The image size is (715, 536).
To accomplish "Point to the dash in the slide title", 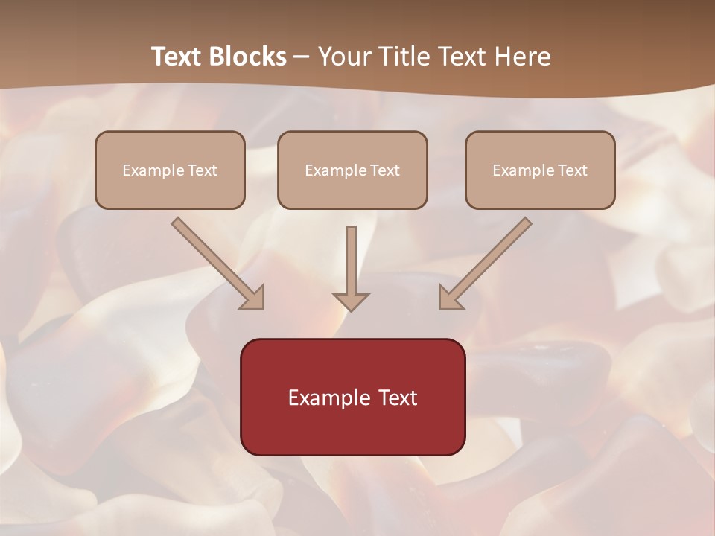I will click(x=302, y=57).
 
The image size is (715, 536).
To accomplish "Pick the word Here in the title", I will click(x=525, y=57).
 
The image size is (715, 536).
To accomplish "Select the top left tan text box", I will click(x=170, y=170).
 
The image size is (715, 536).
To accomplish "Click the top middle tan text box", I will click(x=352, y=170).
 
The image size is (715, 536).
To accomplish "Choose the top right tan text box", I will click(x=540, y=170).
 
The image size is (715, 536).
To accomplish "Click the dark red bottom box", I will click(x=352, y=397).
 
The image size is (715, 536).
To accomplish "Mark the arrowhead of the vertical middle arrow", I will click(x=351, y=301).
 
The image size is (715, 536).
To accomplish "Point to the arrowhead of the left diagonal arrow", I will click(x=253, y=298).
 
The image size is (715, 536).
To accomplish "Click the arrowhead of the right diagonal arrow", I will click(x=451, y=298).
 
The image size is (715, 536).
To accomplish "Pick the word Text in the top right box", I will click(x=572, y=170).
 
